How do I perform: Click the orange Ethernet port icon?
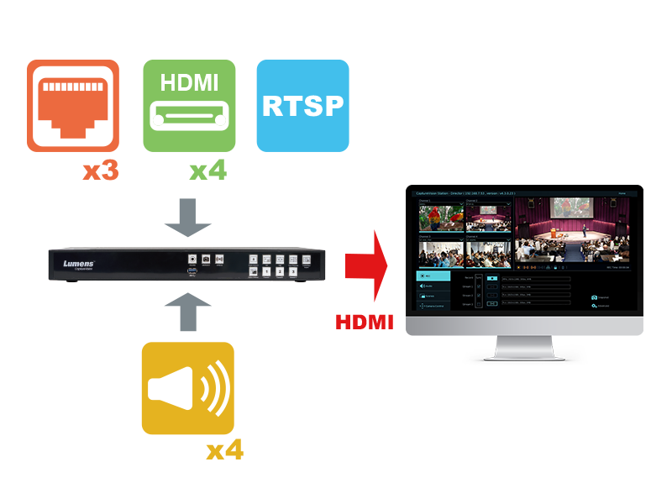[x=73, y=105]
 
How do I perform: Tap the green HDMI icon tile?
[x=189, y=105]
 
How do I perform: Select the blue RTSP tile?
[x=302, y=105]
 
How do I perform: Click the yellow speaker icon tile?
[x=187, y=388]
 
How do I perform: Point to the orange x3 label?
[x=100, y=171]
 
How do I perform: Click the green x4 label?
[x=207, y=171]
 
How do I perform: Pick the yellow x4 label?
[x=224, y=450]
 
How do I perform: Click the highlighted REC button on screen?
[x=433, y=276]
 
